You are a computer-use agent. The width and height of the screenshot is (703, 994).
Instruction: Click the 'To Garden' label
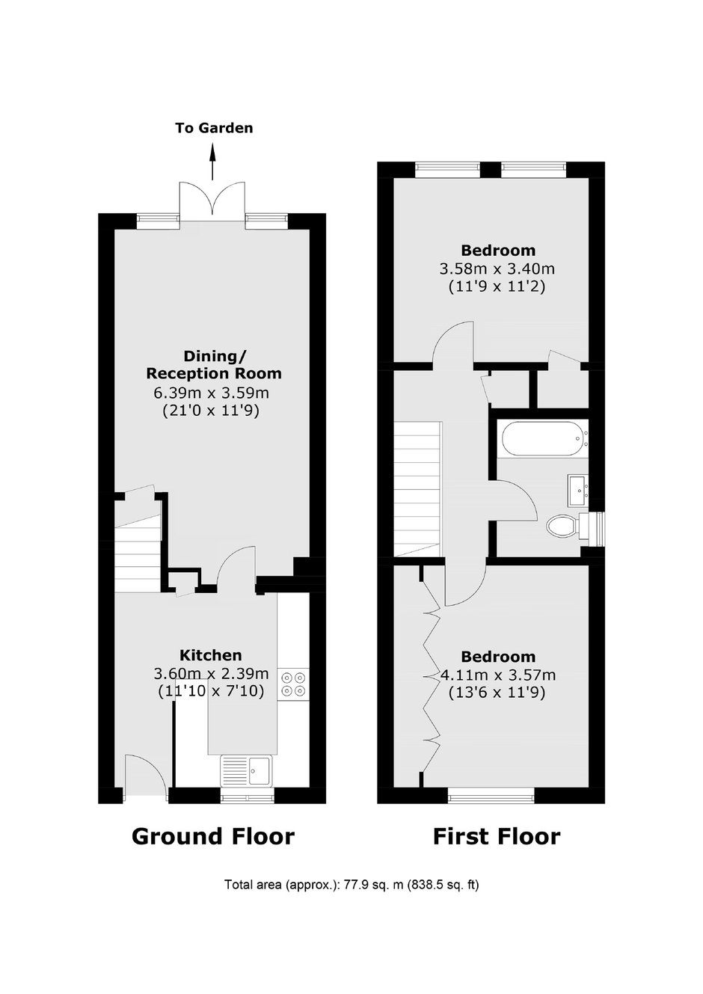[x=214, y=128]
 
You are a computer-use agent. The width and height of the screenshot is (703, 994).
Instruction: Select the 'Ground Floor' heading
[x=213, y=836]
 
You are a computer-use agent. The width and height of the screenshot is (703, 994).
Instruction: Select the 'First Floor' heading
[x=497, y=836]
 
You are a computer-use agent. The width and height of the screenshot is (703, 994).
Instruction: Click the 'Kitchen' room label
[x=210, y=655]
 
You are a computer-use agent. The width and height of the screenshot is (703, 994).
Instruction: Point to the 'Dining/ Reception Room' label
[x=214, y=364]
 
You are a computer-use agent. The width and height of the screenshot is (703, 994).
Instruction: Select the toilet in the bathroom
[x=573, y=527]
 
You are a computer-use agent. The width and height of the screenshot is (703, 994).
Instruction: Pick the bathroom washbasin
[x=578, y=490]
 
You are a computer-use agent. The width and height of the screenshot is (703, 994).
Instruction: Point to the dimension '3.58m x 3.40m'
[x=497, y=269]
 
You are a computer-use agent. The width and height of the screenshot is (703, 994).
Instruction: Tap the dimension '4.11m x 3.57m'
[x=498, y=675]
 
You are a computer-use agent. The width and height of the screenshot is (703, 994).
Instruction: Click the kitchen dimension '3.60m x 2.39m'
[x=211, y=674]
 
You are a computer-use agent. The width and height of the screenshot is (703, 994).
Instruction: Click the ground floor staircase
[x=138, y=555]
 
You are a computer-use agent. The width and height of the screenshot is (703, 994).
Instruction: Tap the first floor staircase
[x=417, y=488]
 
